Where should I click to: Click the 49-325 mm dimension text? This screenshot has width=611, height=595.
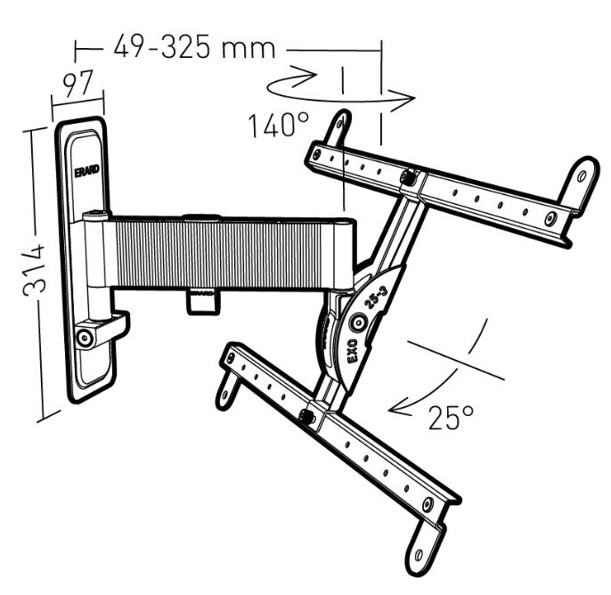coord(194,46)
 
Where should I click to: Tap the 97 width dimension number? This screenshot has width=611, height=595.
coord(78,84)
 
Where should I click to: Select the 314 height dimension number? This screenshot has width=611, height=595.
coord(34,270)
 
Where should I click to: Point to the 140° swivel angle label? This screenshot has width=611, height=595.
coord(279,125)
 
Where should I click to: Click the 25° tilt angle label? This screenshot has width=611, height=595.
coord(451,418)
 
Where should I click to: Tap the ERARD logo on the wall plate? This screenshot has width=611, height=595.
coord(87,171)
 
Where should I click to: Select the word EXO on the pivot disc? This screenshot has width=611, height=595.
coord(353,351)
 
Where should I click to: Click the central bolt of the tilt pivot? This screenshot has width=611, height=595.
coord(359,322)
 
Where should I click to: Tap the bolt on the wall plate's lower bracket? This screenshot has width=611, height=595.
coord(84,337)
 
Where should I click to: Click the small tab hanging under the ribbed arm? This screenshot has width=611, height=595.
coord(202,301)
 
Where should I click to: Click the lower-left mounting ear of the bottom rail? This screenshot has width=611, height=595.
coord(226,388)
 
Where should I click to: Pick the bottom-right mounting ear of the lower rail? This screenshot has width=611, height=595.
coord(422,549)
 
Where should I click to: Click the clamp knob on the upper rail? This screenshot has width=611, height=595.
coord(408,177)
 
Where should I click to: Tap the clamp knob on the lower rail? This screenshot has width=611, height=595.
coord(307,416)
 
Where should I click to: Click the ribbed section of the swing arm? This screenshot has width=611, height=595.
coord(218,255)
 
